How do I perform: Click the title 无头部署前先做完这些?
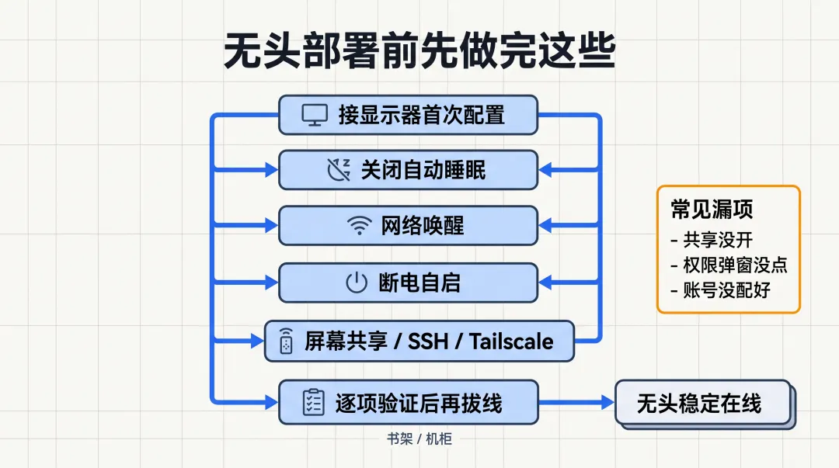[x=419, y=52]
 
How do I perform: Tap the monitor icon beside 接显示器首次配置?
[x=315, y=115]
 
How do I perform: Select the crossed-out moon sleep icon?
[x=338, y=170]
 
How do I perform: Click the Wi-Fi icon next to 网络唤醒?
[x=358, y=226]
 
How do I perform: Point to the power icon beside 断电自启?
[x=356, y=283]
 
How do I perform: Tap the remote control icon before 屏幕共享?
[x=287, y=341]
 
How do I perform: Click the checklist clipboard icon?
[x=312, y=402]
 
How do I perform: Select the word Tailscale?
[x=511, y=341]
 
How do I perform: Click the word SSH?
[x=428, y=341]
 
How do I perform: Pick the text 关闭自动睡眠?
[x=423, y=170]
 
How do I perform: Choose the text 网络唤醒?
[x=423, y=226]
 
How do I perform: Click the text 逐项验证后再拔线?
[x=419, y=403]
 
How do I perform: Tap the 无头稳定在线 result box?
[x=702, y=403]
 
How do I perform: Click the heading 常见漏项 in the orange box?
[x=712, y=209]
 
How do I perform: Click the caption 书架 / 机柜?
[x=419, y=439]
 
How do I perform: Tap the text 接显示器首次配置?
[x=421, y=115]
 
